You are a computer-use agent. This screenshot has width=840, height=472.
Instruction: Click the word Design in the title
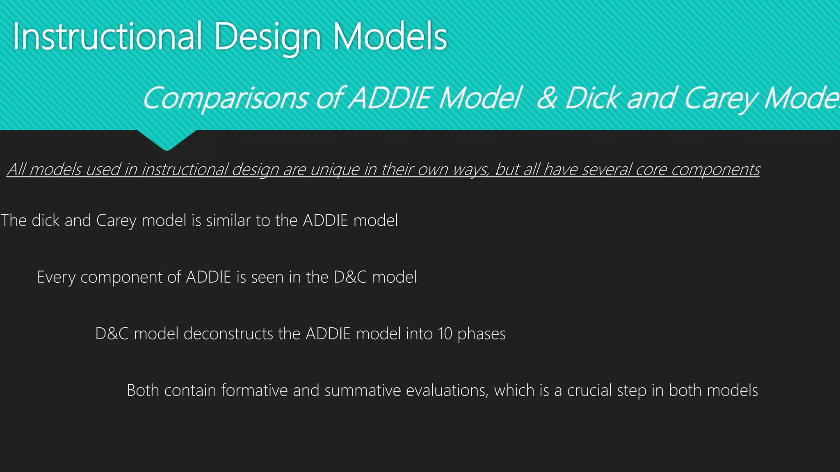point(267,38)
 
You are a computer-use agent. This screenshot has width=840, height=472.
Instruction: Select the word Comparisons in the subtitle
point(225,98)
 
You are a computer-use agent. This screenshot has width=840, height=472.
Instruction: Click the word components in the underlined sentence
point(716,169)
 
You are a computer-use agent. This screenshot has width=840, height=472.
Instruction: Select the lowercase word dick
point(46,220)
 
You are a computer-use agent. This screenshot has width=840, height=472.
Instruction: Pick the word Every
point(56,277)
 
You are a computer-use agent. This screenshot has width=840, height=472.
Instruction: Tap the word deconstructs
point(228,334)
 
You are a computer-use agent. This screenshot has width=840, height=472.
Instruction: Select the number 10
point(445,334)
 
